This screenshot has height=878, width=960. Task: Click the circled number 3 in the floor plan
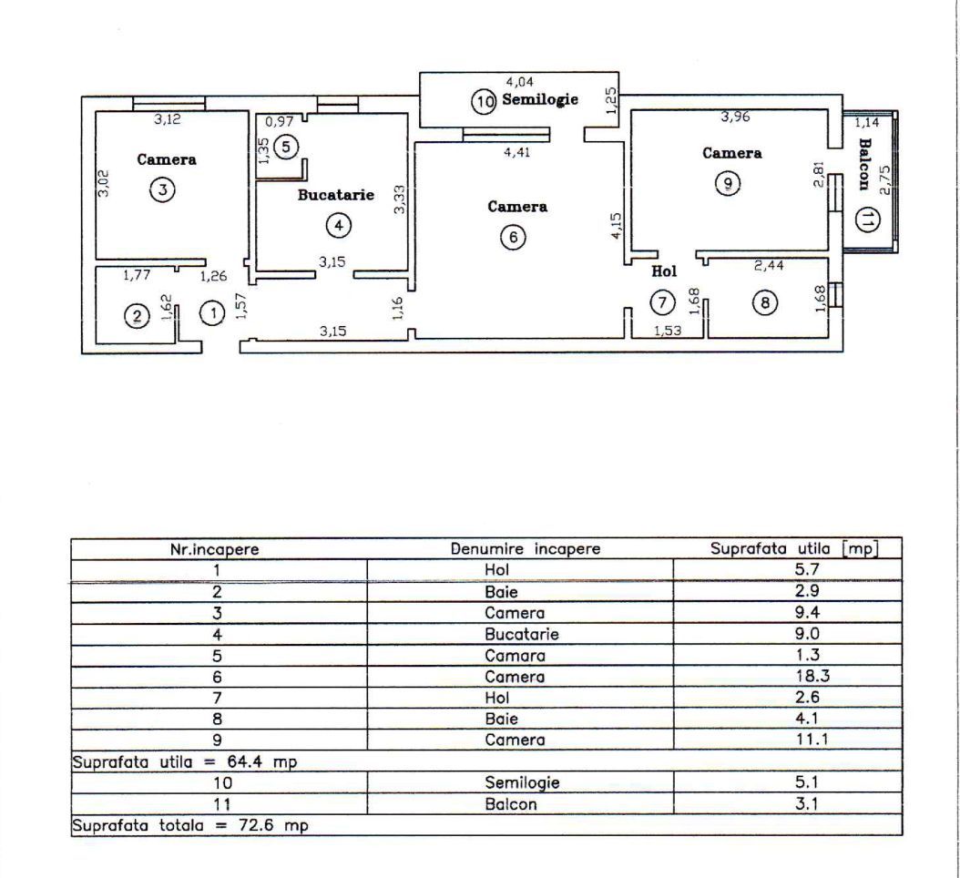pos(162,191)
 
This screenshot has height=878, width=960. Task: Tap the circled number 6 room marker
pos(513,238)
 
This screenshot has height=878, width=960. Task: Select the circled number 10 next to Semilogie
pos(484,101)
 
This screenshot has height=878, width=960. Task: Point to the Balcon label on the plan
pos(865,160)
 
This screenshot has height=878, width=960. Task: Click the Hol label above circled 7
pos(664,271)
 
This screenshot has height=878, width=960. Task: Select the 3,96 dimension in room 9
pos(735,116)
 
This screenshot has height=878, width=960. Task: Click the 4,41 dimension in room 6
pos(517,152)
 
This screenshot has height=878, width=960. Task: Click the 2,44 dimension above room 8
pos(769,267)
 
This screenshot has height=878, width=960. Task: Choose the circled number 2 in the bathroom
pos(137,317)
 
